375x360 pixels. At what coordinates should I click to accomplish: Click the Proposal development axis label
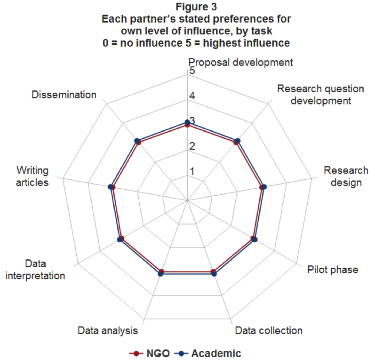240,62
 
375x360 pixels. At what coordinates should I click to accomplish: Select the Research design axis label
346,176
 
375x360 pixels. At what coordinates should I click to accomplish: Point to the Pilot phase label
333,270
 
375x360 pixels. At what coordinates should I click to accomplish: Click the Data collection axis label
268,330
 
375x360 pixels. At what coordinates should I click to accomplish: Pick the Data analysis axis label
108,330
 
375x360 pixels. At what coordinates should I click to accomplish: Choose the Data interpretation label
35,270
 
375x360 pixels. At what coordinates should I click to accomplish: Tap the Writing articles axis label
32,176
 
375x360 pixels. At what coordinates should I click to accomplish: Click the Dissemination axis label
64,95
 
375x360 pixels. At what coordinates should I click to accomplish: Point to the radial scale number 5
191,71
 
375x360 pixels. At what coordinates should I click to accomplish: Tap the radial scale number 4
191,96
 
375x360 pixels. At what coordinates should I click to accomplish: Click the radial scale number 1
191,171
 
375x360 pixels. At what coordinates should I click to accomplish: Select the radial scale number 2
191,146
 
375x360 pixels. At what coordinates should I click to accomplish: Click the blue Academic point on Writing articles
111,187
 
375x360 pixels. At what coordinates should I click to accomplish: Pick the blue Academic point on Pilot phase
255,240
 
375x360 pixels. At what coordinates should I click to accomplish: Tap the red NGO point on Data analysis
161,272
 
